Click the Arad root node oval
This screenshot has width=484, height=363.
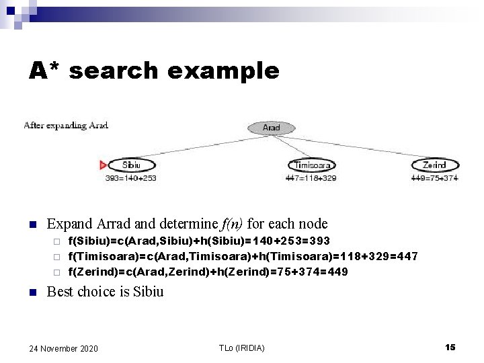[x=271, y=127]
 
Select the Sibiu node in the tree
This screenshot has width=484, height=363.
[x=132, y=165]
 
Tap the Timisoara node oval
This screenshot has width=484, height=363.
[x=311, y=165]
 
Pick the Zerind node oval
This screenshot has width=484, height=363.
[x=434, y=165]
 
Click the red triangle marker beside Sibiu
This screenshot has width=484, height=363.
[x=103, y=165]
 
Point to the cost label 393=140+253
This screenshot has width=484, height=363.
[x=131, y=178]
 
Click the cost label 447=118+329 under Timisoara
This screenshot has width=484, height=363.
[x=311, y=178]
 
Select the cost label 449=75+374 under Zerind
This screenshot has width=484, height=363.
[x=434, y=178]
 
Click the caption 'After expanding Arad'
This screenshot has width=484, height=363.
[x=66, y=125]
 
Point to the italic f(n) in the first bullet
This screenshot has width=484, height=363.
[x=227, y=224]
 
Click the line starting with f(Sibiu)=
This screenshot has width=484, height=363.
[x=199, y=241]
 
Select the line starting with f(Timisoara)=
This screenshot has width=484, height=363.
[x=243, y=256]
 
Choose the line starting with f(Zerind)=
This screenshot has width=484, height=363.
[x=208, y=272]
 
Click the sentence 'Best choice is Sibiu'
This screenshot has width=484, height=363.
[x=104, y=292]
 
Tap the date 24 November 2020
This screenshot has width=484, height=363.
[x=64, y=348]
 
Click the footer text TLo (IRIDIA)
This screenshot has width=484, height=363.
[x=241, y=348]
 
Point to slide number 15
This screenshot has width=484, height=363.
[x=450, y=347]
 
